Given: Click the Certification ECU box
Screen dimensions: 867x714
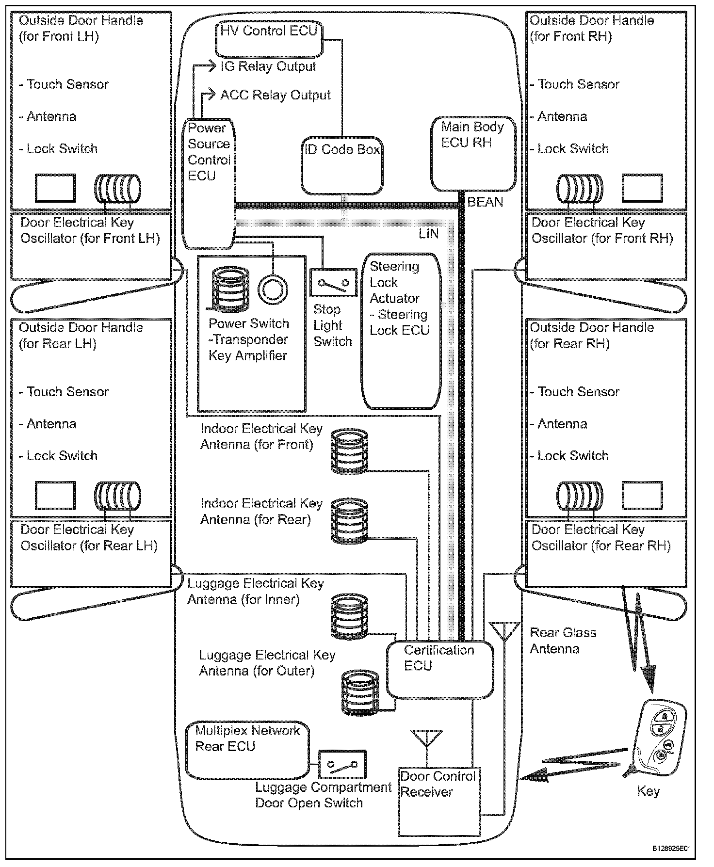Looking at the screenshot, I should click(x=439, y=670).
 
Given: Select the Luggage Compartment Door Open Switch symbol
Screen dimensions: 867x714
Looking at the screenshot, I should click(x=342, y=764).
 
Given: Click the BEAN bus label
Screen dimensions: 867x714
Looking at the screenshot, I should click(x=485, y=202).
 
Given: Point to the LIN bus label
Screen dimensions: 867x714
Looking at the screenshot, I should click(x=429, y=234).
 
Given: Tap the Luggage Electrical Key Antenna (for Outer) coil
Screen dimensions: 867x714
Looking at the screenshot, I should click(x=359, y=692).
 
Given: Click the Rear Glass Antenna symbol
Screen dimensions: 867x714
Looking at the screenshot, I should click(x=504, y=632).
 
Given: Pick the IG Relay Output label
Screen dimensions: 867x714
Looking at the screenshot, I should click(x=268, y=66).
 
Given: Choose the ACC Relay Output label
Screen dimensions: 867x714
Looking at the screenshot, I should click(x=275, y=95).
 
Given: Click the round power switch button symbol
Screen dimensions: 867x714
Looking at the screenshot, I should click(x=273, y=290).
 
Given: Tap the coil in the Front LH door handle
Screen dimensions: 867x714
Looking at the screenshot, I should click(x=117, y=189).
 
